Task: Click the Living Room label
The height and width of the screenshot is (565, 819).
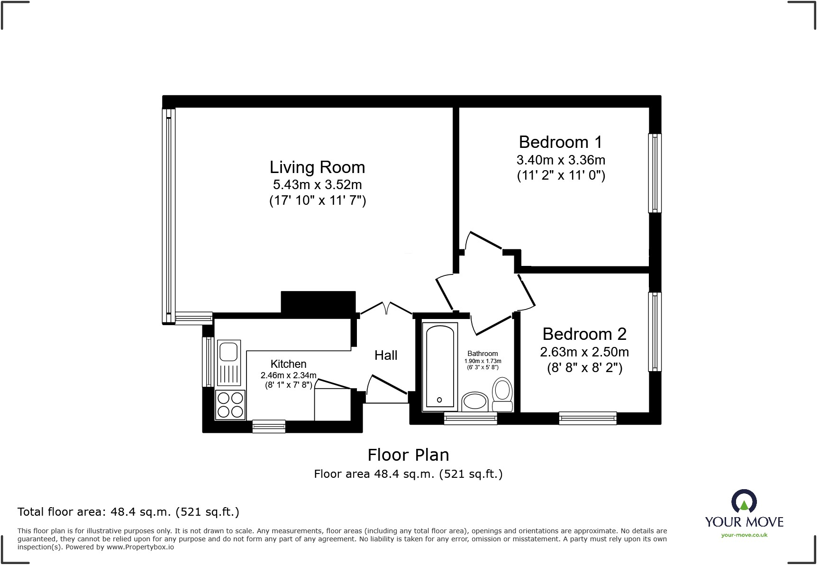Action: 317,167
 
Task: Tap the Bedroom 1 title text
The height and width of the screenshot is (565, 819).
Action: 560,142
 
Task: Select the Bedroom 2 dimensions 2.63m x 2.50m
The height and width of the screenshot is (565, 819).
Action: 584,352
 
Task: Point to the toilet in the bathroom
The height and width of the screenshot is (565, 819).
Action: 502,394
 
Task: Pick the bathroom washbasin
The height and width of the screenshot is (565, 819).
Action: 475,401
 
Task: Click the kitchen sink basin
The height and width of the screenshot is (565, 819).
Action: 228,351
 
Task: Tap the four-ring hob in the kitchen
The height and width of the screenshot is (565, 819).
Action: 230,404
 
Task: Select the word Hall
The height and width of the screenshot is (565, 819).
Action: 386,355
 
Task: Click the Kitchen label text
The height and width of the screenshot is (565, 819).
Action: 288,364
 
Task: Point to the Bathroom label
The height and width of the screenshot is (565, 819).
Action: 482,354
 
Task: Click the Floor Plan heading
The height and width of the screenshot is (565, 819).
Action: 408,455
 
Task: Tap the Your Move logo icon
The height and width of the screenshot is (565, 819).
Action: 744,502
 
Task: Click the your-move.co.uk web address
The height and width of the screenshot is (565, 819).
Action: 744,535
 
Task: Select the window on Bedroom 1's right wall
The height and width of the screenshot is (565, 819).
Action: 655,173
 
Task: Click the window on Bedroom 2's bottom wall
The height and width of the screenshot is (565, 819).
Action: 588,418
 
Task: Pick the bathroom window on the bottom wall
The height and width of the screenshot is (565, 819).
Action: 470,418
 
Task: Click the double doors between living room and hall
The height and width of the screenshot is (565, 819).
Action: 386,309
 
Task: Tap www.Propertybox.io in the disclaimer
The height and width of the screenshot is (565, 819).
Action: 140,547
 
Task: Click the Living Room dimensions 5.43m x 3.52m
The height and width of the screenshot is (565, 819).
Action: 317,184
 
